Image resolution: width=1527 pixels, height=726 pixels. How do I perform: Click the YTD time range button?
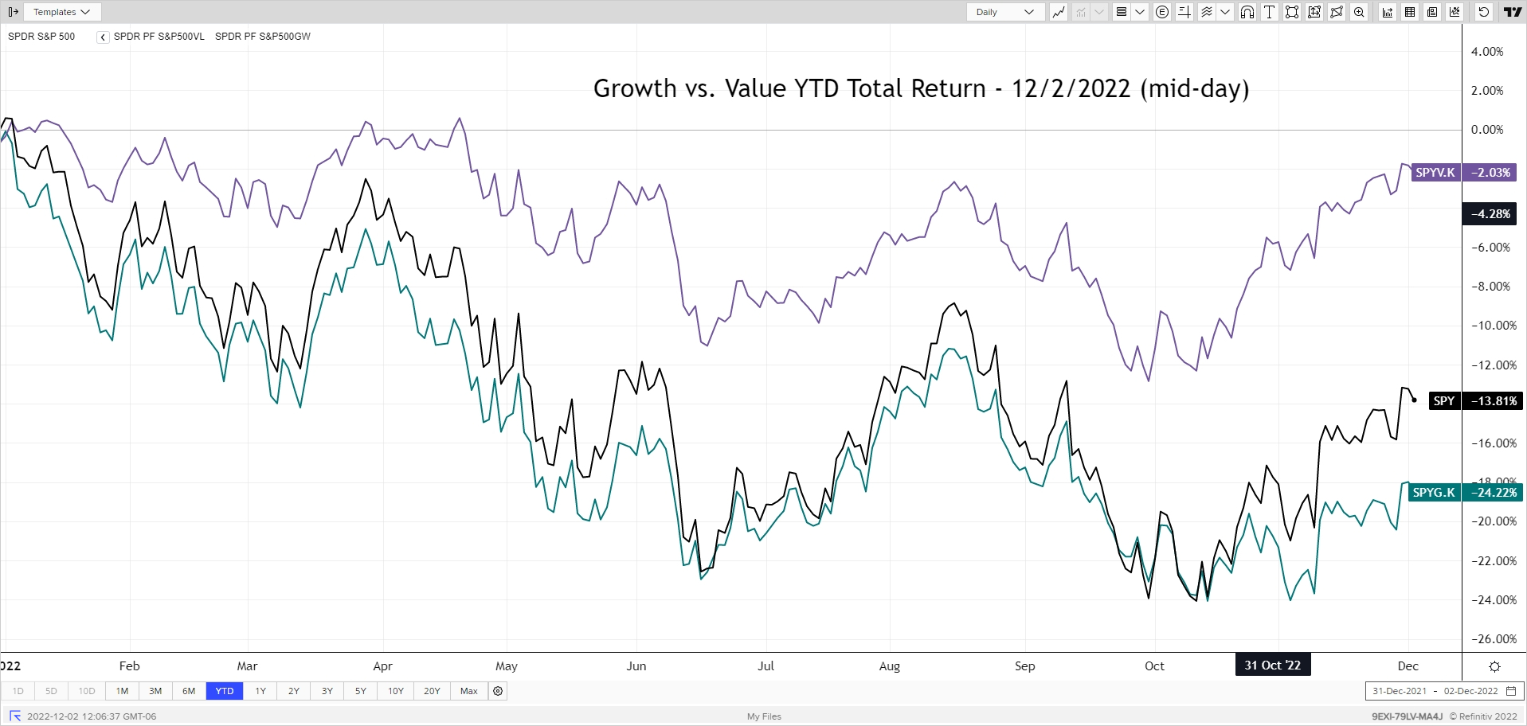(x=225, y=691)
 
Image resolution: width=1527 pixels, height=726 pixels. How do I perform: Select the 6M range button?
(x=189, y=691)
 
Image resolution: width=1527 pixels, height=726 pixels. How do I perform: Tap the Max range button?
(x=469, y=691)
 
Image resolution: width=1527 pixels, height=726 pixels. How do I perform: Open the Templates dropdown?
(x=62, y=12)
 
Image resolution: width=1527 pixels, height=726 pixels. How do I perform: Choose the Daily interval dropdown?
(x=1004, y=12)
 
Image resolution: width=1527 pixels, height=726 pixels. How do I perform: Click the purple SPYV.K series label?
(x=1435, y=173)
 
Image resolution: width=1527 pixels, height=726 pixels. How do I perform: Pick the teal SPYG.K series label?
(x=1434, y=493)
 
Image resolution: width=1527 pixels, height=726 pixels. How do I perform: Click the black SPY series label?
(x=1444, y=401)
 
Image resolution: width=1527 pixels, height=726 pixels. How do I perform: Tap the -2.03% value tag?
(x=1490, y=173)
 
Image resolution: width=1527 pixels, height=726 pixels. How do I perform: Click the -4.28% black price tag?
(x=1490, y=214)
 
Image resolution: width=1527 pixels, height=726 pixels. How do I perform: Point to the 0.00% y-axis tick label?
(x=1487, y=130)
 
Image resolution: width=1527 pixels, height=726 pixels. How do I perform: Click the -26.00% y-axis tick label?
(x=1494, y=639)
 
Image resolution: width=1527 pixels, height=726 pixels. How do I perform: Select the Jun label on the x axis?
(x=636, y=666)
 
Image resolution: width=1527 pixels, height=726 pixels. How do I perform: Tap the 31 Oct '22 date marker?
(x=1272, y=665)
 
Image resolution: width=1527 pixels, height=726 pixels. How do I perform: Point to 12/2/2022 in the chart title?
(x=1071, y=88)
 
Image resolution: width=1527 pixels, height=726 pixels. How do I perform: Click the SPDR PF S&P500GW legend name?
(x=263, y=37)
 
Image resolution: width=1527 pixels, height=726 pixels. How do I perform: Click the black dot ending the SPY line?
(x=1415, y=400)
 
